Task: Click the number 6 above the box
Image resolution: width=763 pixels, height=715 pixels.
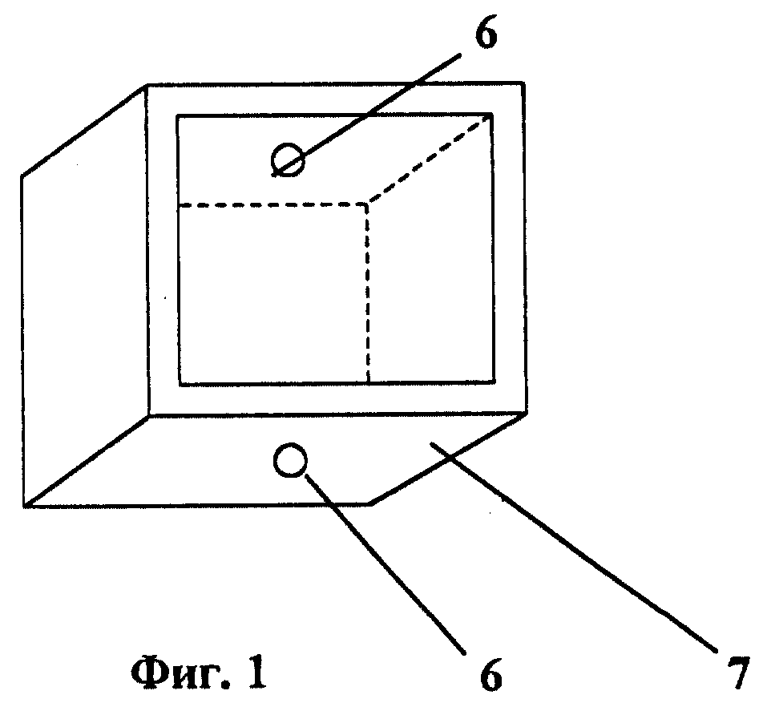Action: [486, 34]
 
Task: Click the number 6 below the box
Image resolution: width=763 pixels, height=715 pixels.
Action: [490, 675]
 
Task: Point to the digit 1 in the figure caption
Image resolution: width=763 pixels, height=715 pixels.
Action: [257, 673]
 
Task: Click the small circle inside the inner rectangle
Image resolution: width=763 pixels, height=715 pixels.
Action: [288, 160]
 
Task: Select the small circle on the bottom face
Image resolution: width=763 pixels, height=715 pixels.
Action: [290, 460]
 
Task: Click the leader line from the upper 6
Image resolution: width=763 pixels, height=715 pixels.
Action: [366, 115]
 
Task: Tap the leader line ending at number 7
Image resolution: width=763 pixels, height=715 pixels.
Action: [573, 546]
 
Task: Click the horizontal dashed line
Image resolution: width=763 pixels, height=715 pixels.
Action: [273, 205]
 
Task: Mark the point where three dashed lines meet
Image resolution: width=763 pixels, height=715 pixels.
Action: [367, 204]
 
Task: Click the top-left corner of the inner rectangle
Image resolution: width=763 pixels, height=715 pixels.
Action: [177, 116]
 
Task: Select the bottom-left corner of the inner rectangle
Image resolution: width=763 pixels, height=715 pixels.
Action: [180, 385]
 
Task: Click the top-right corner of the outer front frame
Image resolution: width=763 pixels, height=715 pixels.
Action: [523, 83]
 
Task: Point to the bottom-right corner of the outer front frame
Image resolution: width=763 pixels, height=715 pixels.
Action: [527, 414]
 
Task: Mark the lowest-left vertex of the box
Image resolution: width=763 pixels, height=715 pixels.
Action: [24, 507]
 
